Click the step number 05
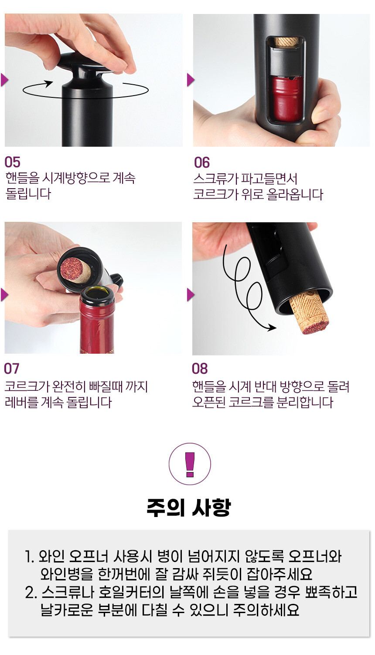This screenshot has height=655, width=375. point(12,162)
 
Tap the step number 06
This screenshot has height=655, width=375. point(202,162)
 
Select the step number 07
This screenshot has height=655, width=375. point(12,369)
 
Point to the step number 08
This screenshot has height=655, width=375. point(200,369)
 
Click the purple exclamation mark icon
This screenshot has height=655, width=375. point(190,464)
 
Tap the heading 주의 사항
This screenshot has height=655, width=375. point(189,507)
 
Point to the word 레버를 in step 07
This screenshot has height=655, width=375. point(21,402)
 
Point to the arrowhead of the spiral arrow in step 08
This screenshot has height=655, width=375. point(272,328)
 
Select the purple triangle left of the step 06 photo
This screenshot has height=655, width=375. point(191,80)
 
